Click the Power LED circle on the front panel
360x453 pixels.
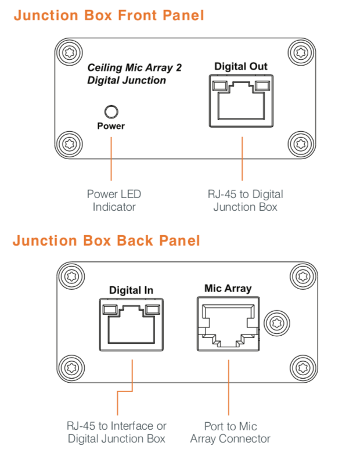click(110, 112)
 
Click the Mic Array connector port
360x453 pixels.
click(228, 325)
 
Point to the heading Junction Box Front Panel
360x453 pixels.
click(109, 16)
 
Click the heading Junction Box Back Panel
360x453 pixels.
click(106, 240)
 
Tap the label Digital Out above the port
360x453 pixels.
click(241, 66)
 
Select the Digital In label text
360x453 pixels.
click(131, 290)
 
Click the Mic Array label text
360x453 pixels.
click(228, 288)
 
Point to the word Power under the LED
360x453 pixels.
click(110, 126)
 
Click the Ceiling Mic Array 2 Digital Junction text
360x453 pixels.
click(134, 74)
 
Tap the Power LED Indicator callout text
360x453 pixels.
click(114, 200)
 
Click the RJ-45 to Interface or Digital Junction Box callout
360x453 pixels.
click(117, 433)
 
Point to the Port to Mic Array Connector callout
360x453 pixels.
click(231, 433)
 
